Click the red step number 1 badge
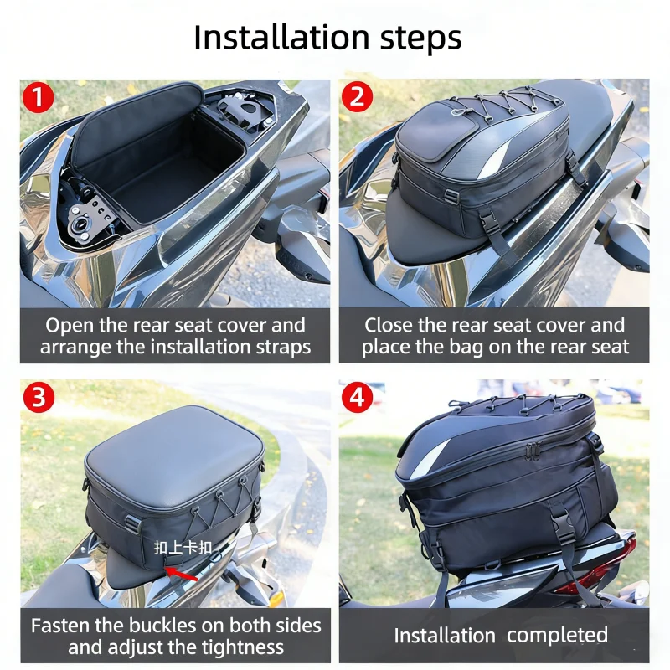pyautogui.click(x=38, y=97)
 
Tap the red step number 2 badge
pyautogui.click(x=357, y=96)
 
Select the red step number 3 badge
pyautogui.click(x=39, y=397)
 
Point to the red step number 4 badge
pyautogui.click(x=357, y=397)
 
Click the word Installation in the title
pyautogui.click(x=281, y=38)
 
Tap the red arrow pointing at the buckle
pyautogui.click(x=181, y=574)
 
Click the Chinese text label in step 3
pyautogui.click(x=183, y=548)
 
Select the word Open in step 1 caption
pyautogui.click(x=70, y=326)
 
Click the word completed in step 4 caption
pyautogui.click(x=557, y=636)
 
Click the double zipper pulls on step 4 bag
pyautogui.click(x=533, y=450)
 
